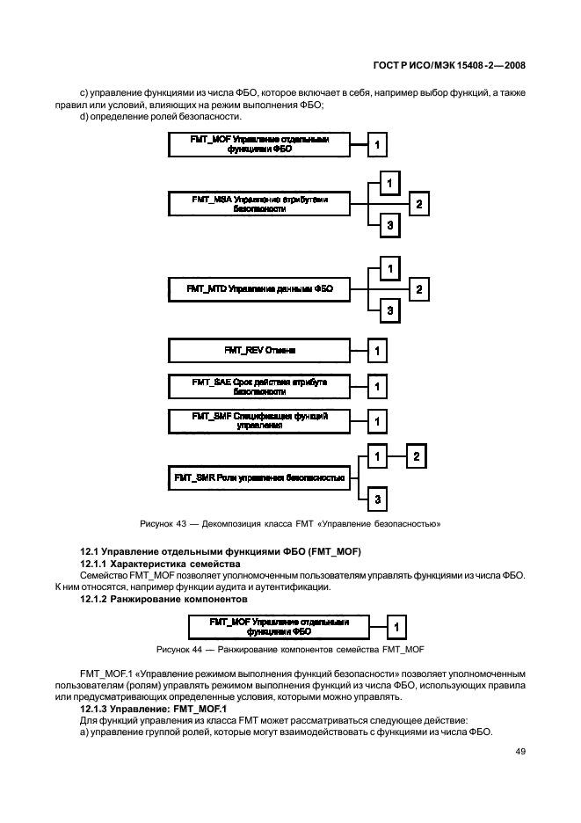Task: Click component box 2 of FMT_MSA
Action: coord(420,205)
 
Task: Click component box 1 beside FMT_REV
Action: coord(377,352)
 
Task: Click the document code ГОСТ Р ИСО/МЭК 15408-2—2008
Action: coord(450,64)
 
